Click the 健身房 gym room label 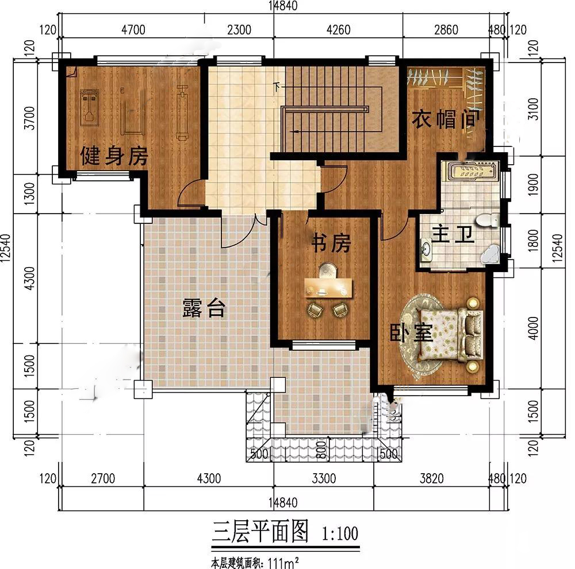pos(114,156)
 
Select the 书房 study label pos(331,242)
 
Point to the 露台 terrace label pos(204,308)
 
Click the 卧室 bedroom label pos(411,332)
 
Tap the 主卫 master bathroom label pos(453,234)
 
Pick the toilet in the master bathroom pos(488,220)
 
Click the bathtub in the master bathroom pos(471,171)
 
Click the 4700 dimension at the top pos(133,30)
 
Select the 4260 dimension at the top pos(338,30)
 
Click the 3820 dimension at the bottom pos(432,478)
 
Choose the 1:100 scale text pos(340,533)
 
